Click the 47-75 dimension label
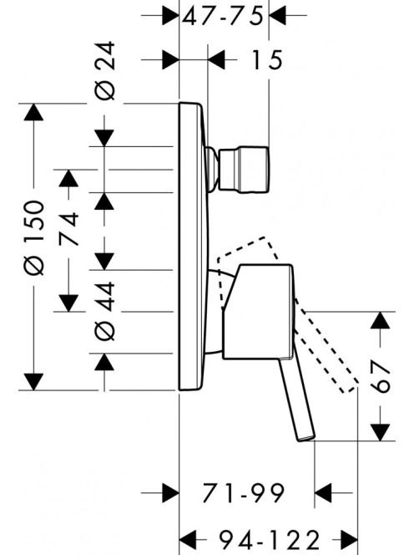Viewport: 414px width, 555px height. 223,16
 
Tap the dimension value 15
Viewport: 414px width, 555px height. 267,60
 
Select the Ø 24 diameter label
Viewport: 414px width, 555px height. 105,71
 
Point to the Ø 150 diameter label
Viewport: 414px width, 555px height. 34,238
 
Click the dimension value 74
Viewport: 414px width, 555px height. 68,228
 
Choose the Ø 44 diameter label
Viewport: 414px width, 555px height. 105,311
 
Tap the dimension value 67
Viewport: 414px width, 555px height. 381,377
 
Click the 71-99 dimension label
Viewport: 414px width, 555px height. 243,492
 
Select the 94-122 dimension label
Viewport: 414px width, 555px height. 270,539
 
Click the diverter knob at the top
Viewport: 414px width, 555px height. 245,169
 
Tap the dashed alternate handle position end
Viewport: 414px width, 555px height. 349,388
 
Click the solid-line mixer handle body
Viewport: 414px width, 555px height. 258,312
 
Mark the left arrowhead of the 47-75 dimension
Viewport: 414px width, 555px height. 170,16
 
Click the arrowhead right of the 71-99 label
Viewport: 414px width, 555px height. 323,492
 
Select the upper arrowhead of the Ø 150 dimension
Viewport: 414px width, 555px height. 33,112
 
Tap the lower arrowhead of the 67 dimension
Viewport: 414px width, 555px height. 380,432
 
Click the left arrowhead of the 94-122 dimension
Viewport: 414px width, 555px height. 188,539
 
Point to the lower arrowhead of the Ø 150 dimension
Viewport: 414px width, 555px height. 33,381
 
